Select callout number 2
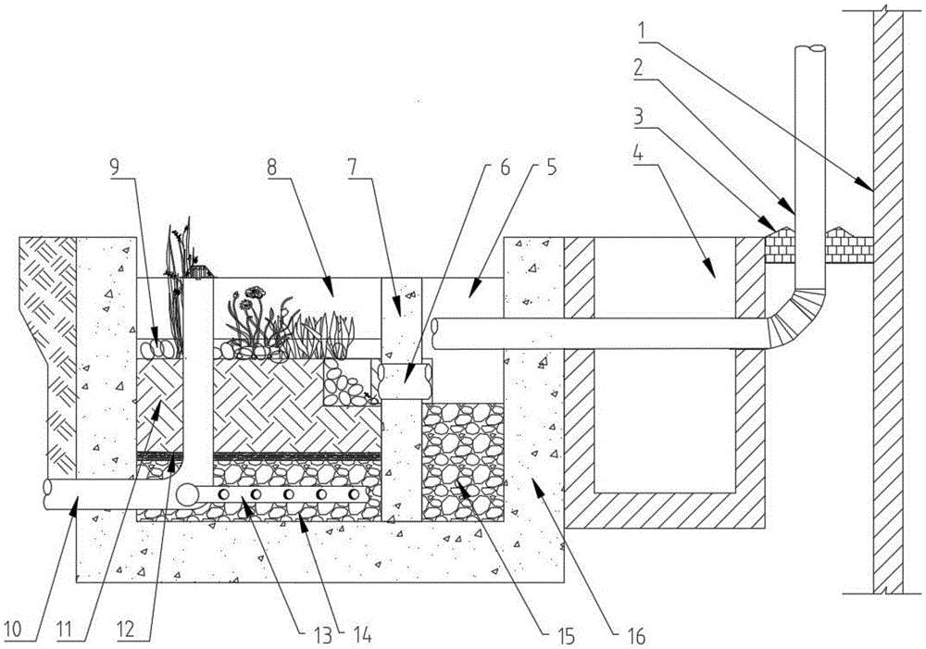[x=638, y=68]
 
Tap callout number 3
[x=639, y=116]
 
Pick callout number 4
[x=638, y=155]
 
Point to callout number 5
[x=550, y=168]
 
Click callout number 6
[x=505, y=168]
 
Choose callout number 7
[x=352, y=168]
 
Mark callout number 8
[x=271, y=168]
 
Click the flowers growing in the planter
[x=250, y=318]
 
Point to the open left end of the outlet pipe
[x=48, y=495]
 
